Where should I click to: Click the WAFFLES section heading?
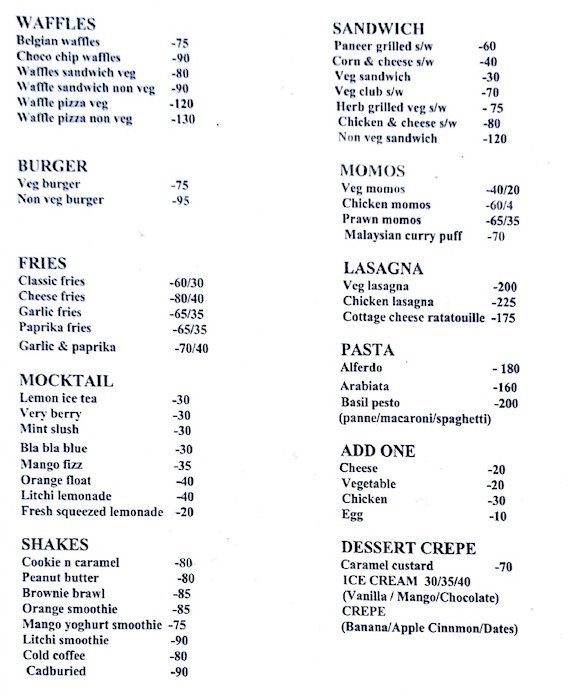tap(57, 23)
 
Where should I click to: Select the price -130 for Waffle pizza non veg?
tap(183, 119)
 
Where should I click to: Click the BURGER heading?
tap(52, 165)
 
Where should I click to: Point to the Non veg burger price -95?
tap(180, 200)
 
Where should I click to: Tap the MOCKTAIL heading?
tap(66, 380)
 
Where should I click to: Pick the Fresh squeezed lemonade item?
tap(91, 512)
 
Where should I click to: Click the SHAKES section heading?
tap(54, 545)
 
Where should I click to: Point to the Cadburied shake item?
tap(56, 671)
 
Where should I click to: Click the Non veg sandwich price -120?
tap(495, 139)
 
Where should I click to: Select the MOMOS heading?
tap(372, 170)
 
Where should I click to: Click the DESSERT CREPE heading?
tap(408, 548)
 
